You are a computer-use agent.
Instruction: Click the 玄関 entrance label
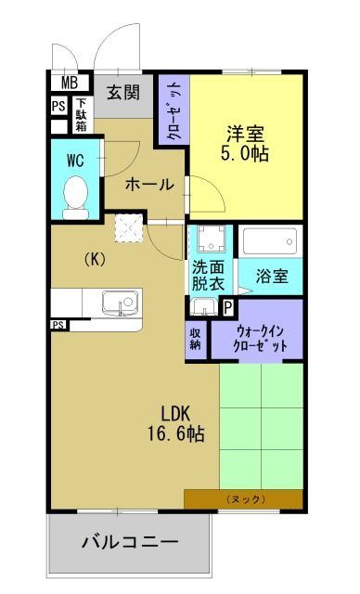pyautogui.click(x=122, y=92)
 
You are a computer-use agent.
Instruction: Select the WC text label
pyautogui.click(x=73, y=160)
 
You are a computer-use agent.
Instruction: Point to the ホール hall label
pyautogui.click(x=148, y=184)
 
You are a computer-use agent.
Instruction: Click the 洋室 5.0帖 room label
pyautogui.click(x=247, y=142)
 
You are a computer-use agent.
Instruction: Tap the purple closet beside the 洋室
pyautogui.click(x=174, y=109)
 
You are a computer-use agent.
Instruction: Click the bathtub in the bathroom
pyautogui.click(x=271, y=244)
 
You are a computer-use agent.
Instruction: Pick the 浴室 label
pyautogui.click(x=270, y=277)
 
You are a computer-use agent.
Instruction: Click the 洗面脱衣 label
pyautogui.click(x=208, y=277)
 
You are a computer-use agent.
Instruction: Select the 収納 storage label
pyautogui.click(x=197, y=338)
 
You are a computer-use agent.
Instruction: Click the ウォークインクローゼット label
pyautogui.click(x=256, y=337)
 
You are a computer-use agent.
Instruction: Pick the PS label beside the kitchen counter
pyautogui.click(x=58, y=325)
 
